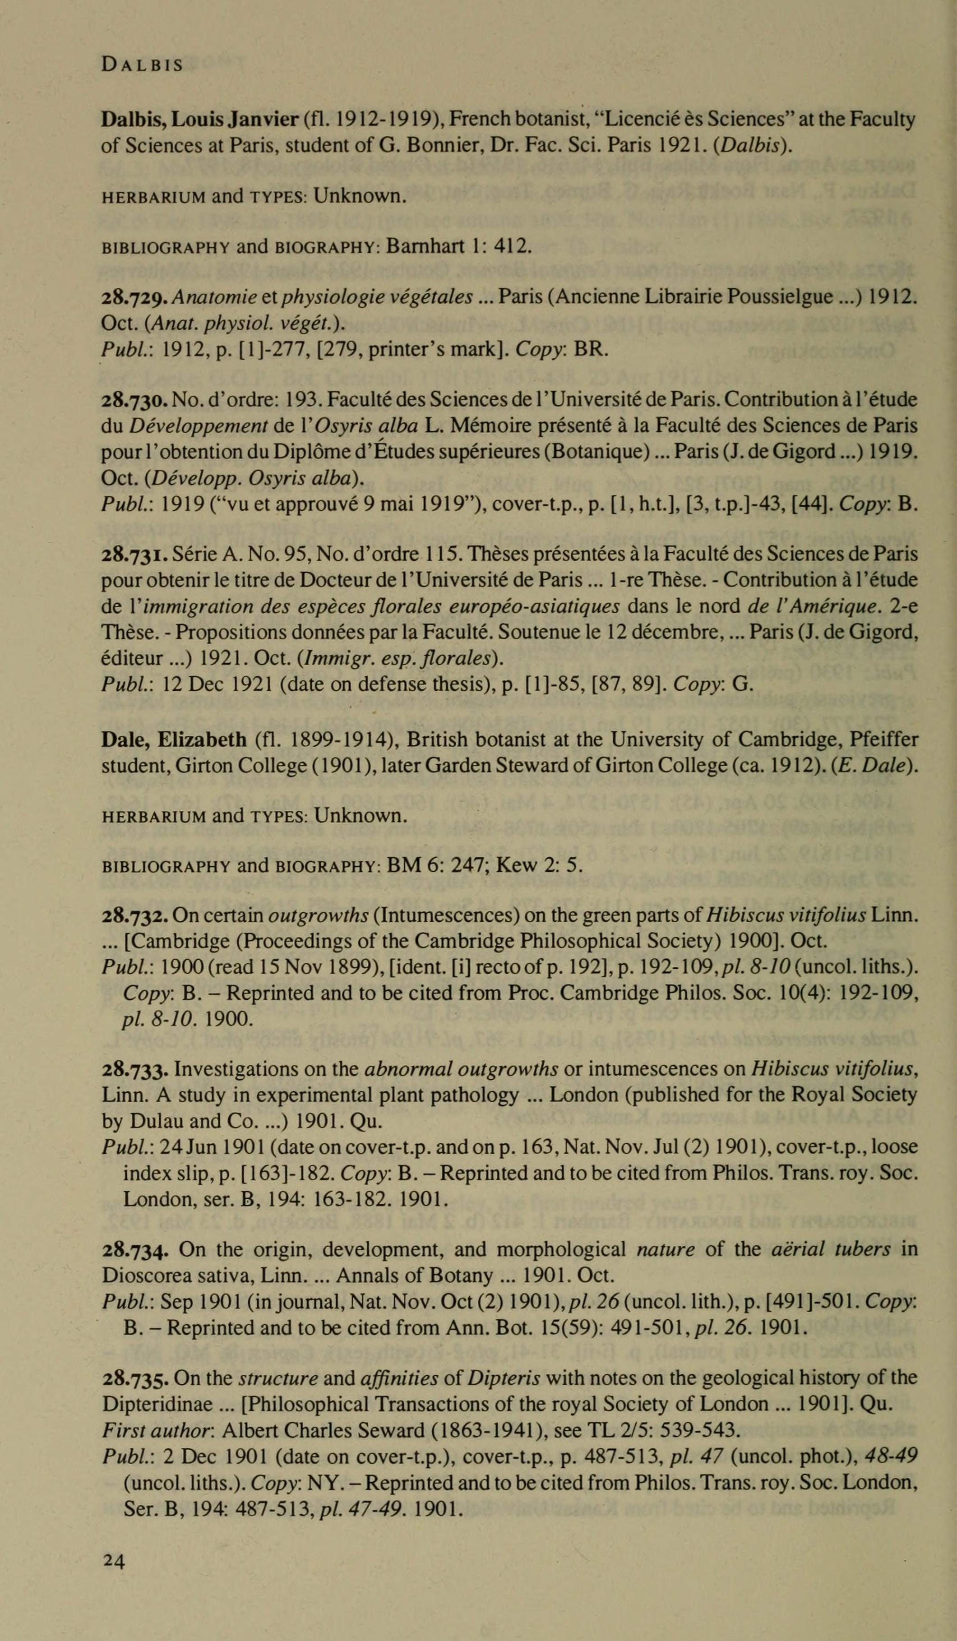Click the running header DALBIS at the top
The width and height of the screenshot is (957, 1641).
point(142,65)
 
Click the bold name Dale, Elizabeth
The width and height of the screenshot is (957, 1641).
point(174,740)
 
